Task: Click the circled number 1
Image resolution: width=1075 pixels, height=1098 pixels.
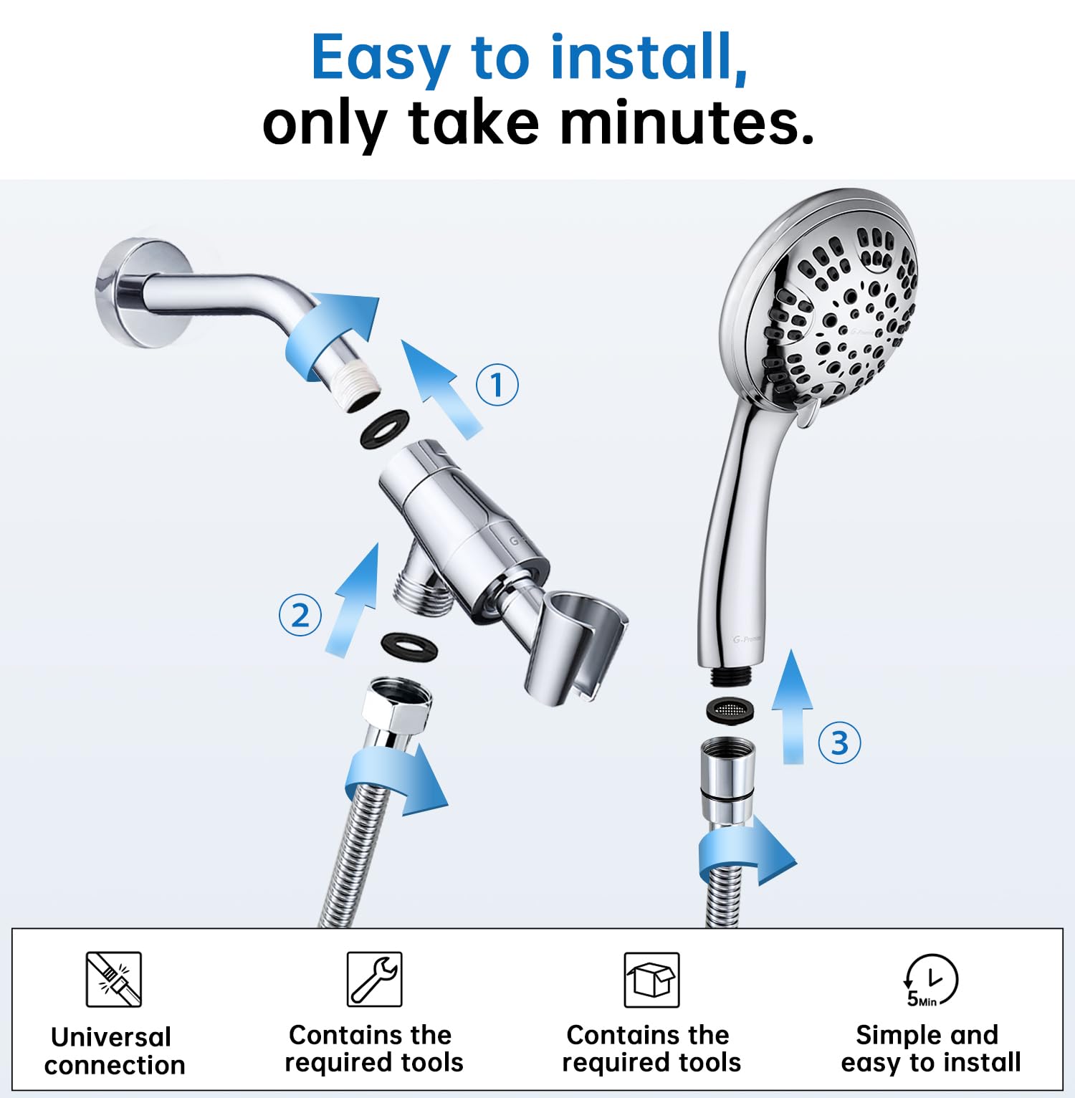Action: [x=497, y=385]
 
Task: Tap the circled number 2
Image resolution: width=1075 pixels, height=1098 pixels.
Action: [x=300, y=616]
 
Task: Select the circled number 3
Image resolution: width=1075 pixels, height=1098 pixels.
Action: [x=839, y=743]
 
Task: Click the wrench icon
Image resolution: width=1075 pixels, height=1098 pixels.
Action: [x=374, y=979]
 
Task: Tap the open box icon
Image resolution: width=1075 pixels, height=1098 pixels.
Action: [x=651, y=980]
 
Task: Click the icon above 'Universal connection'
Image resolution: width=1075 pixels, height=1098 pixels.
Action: [x=113, y=979]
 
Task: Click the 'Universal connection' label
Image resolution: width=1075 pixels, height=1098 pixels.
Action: [x=114, y=1051]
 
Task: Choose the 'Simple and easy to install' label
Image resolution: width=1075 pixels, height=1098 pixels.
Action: [x=930, y=1049]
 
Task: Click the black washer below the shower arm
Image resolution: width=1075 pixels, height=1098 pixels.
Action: [x=384, y=429]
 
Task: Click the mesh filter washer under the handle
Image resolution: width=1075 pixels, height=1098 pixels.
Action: [x=730, y=710]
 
